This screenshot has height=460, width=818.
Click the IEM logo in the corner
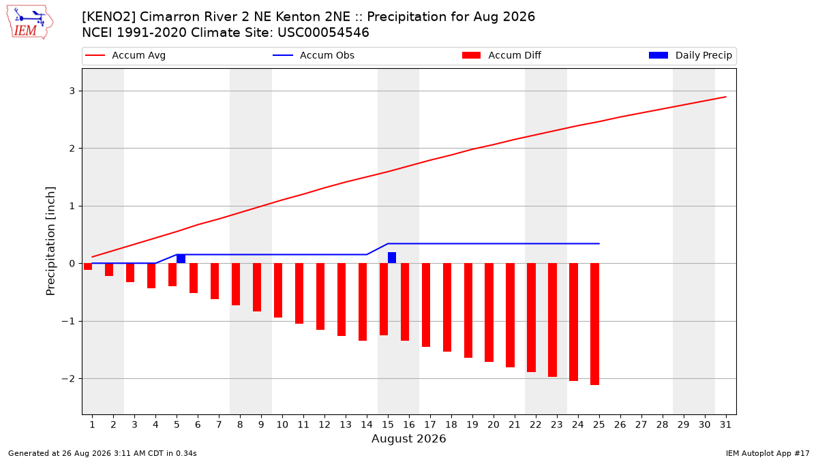(30, 22)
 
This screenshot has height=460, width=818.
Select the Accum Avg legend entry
(125, 55)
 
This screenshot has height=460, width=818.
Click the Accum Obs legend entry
(314, 55)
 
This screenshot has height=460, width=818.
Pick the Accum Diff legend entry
(502, 55)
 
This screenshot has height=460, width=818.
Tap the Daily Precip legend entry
(691, 55)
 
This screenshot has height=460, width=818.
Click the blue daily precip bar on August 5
(181, 259)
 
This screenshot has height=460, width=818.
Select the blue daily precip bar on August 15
(392, 258)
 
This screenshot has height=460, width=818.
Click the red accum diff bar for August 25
(595, 324)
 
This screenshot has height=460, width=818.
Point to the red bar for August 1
(88, 266)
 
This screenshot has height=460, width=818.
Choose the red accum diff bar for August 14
(363, 302)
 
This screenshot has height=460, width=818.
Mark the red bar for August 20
(489, 313)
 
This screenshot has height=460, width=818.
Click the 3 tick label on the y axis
(72, 91)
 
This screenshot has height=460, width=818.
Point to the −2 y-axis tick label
(68, 379)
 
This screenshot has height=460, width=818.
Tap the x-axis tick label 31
(725, 425)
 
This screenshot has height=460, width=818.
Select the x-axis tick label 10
(282, 425)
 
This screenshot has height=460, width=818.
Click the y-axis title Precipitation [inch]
(50, 241)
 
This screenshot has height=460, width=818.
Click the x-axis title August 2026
(408, 439)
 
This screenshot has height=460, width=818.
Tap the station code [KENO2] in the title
(109, 17)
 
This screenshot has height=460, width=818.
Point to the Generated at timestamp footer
(102, 453)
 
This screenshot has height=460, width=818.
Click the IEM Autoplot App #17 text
(768, 453)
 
